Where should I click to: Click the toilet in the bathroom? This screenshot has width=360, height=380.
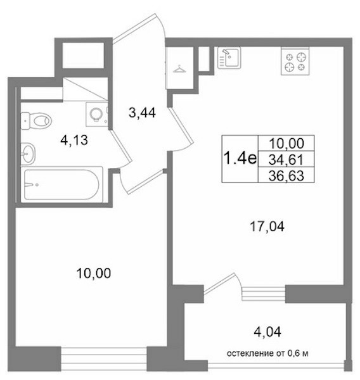point(36,120)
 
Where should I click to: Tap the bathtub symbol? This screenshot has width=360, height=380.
point(61,185)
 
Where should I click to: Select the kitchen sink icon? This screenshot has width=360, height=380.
point(229,58)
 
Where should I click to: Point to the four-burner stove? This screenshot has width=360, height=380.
point(295,61)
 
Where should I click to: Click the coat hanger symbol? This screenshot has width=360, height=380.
point(179,69)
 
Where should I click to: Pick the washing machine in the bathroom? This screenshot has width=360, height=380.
point(97,114)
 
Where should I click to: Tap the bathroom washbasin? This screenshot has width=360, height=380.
point(28,154)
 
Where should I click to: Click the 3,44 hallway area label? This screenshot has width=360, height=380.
point(142,113)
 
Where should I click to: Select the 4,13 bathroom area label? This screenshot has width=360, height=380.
point(74,141)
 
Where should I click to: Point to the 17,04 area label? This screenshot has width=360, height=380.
point(267,227)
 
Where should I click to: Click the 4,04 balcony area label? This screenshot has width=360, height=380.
point(267,332)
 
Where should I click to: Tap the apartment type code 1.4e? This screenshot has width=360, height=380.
point(240,159)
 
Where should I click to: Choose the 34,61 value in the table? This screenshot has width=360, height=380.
point(286,160)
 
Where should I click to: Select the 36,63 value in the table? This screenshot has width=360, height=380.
point(286,175)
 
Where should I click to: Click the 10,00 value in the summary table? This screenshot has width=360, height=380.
point(286,144)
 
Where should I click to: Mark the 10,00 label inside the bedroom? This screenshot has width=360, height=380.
point(94,273)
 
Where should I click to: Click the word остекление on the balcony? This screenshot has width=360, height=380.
point(250,353)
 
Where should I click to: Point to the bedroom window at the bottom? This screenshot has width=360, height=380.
point(104,359)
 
